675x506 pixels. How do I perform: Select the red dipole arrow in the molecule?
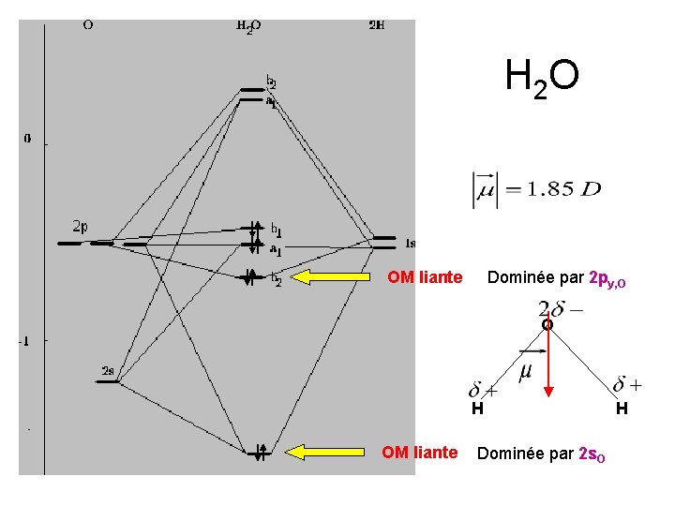(x=548, y=361)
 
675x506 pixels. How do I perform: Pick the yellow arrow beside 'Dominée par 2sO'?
(x=324, y=454)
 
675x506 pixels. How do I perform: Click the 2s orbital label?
(x=108, y=371)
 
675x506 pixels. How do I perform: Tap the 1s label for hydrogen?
(x=410, y=243)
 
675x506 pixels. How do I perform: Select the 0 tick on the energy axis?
(x=27, y=139)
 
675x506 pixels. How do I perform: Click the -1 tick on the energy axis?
(x=25, y=341)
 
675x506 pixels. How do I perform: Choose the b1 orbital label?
(x=276, y=229)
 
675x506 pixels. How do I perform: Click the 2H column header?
(x=375, y=25)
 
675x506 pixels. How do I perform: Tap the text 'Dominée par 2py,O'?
(x=555, y=277)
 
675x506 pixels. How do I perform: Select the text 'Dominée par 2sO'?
(x=547, y=454)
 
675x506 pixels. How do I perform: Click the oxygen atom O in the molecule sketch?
(x=547, y=325)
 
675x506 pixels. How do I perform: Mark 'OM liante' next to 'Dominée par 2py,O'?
(x=425, y=277)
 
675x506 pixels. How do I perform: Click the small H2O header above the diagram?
(x=248, y=26)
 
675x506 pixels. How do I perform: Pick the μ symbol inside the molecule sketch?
(x=525, y=372)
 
